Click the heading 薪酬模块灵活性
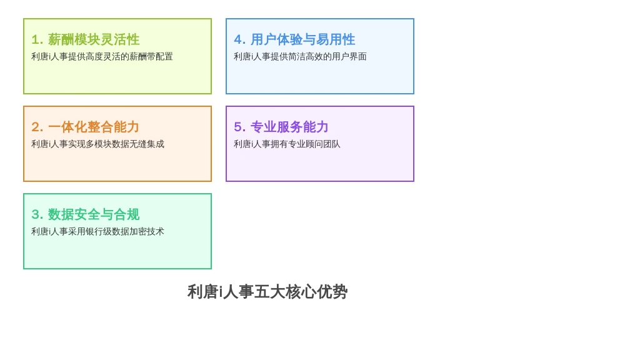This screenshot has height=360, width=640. point(94,39)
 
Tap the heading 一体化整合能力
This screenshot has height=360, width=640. point(94,127)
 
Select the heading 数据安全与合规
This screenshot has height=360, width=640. point(94,214)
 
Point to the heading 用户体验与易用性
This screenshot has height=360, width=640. point(302,39)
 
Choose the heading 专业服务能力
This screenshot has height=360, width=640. point(289,127)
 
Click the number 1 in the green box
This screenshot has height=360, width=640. point(35,39)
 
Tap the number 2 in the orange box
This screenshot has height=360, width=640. point(36,127)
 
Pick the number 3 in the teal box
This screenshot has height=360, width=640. point(36,214)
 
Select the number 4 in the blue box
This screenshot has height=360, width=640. point(238,39)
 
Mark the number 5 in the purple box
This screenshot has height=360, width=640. point(238,127)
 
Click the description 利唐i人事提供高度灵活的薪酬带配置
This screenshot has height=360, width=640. point(102,56)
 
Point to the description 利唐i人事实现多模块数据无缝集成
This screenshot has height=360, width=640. point(97,144)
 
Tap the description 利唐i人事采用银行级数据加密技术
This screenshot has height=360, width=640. point(97,231)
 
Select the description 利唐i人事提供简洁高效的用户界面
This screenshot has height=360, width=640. point(300,56)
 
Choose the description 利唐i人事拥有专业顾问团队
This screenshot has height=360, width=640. point(287,144)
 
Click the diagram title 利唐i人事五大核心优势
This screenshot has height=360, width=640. point(267,292)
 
